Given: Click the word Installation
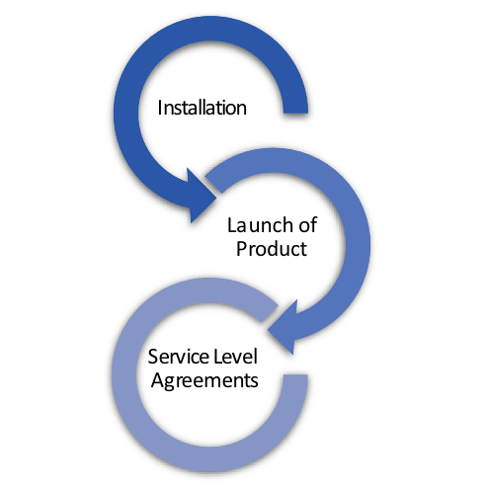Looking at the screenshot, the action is point(202,108).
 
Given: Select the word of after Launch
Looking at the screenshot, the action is point(308,225).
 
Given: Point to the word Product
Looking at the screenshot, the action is point(272,248).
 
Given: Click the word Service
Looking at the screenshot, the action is point(179,357).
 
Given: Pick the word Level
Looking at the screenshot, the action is point(235,357).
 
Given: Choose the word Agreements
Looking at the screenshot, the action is point(204,380).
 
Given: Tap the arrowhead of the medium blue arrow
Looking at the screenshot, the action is point(283,328).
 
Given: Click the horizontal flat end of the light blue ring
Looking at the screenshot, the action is point(295,375).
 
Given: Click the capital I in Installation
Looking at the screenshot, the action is point(160,108).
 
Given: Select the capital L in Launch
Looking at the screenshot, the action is point(232,225).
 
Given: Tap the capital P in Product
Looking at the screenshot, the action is point(242,249).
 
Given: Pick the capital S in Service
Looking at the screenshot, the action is point(153,357).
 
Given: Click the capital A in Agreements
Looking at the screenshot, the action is point(158,379).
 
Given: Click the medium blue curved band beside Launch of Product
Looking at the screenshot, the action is point(358,244).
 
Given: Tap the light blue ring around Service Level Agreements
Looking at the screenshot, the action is point(124,375).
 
